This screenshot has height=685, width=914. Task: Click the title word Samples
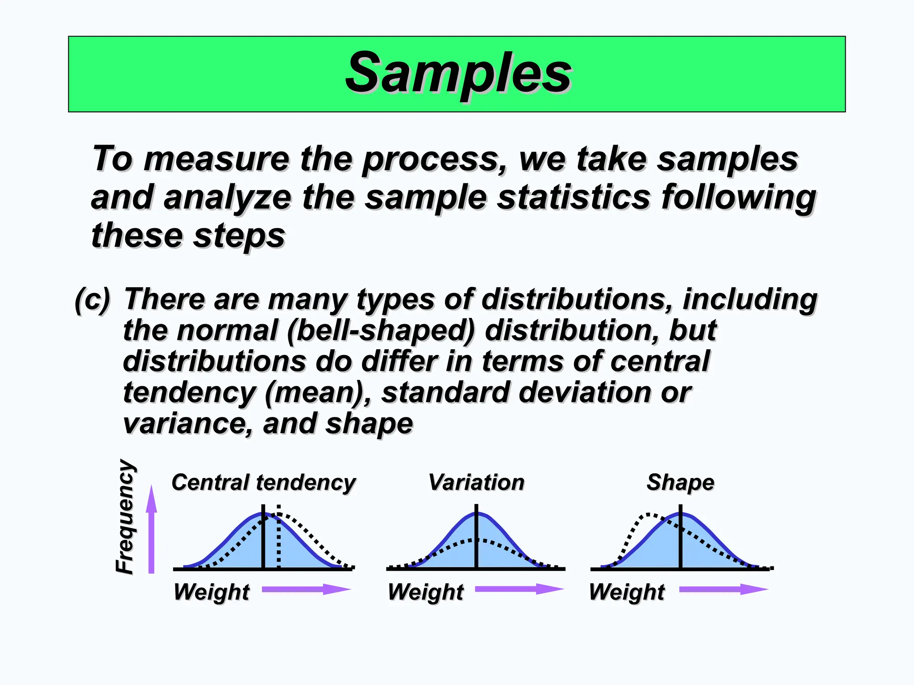[458, 73]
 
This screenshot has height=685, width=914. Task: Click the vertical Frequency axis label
[125, 516]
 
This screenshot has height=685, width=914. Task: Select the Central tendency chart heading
[263, 483]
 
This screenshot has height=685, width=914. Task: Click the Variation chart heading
[476, 483]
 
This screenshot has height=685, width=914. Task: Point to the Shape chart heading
[680, 483]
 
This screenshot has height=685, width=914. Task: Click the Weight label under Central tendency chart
[212, 592]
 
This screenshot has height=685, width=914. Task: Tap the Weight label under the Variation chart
[426, 592]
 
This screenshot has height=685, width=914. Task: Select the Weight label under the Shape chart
[627, 592]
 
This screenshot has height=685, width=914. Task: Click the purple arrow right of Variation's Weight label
[519, 589]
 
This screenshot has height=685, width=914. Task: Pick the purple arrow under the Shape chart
[723, 589]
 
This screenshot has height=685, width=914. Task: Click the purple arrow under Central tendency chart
[306, 589]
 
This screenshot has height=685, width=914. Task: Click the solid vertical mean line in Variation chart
[477, 537]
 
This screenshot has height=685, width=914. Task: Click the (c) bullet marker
[92, 300]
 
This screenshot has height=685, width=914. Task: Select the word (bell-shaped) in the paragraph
[381, 331]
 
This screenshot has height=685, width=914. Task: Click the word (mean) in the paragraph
[316, 393]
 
